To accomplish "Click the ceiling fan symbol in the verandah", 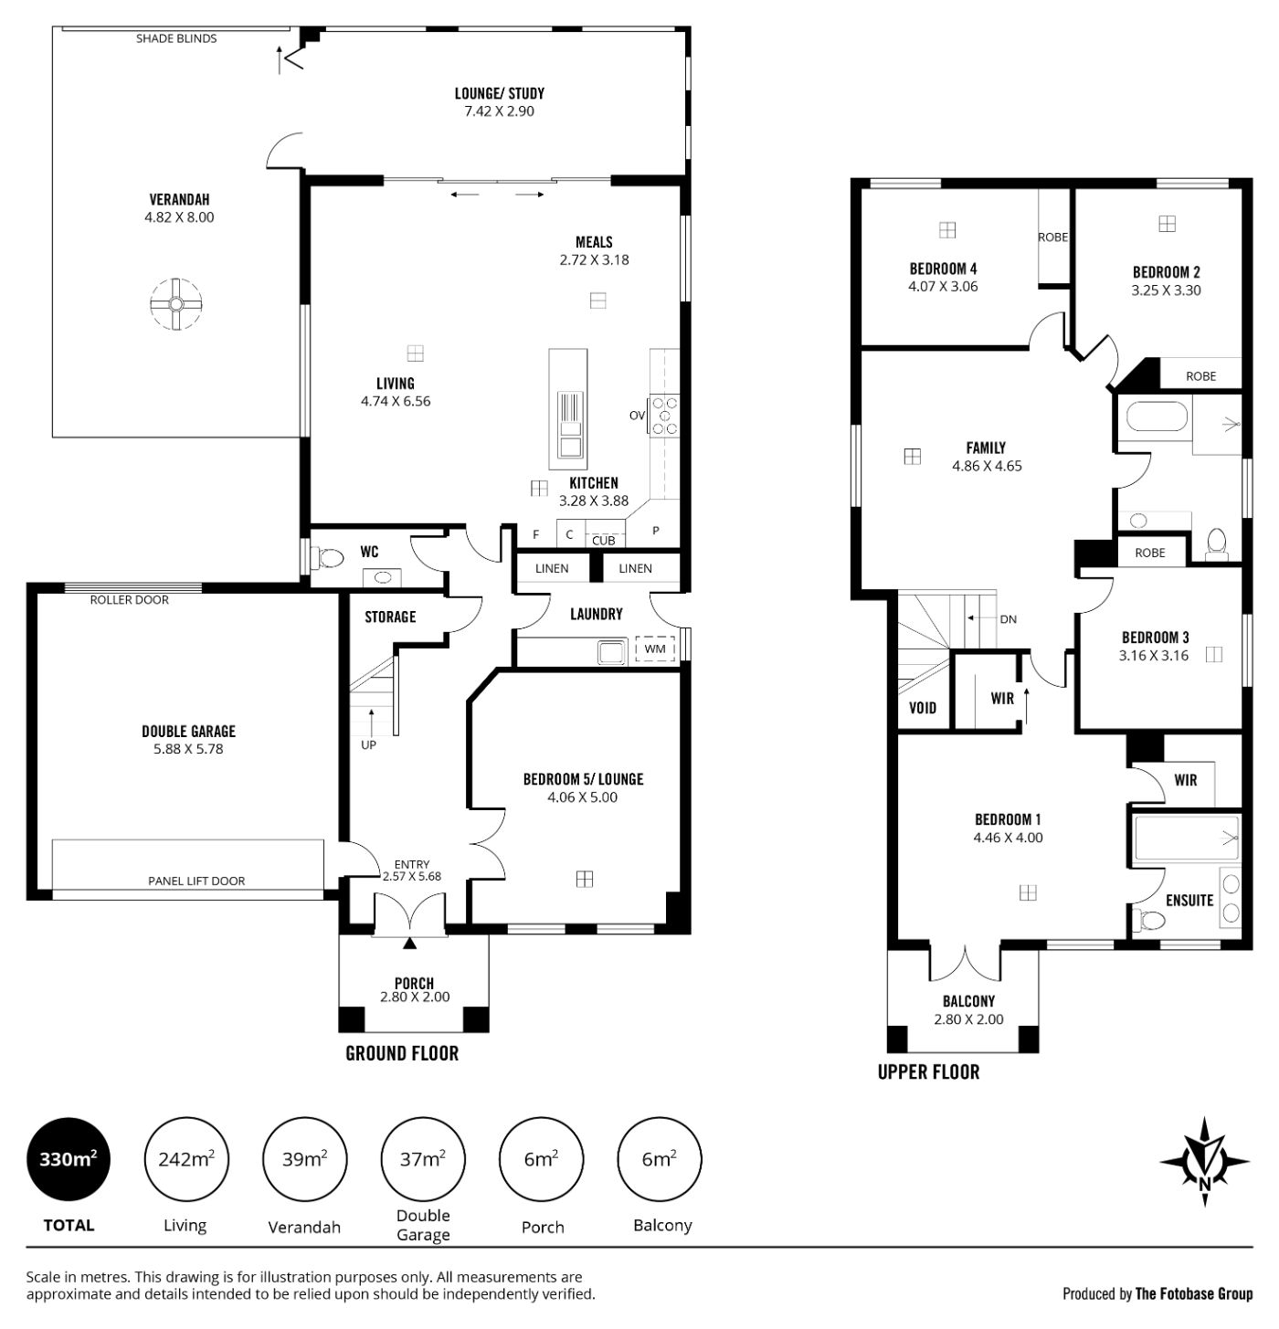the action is click(x=176, y=304).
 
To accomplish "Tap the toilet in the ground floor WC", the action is click(x=327, y=557).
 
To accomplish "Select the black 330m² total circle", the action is click(x=68, y=1159).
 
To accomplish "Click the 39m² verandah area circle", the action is click(x=304, y=1159).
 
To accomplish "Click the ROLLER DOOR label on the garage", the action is click(x=129, y=599).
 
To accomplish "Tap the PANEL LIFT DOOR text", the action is click(x=196, y=881).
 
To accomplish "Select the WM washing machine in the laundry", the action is click(x=654, y=649).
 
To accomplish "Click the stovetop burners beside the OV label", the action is click(x=663, y=416).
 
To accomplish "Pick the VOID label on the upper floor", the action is click(x=923, y=708).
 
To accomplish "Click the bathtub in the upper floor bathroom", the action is click(x=1157, y=416).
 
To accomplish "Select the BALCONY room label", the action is click(x=968, y=1001).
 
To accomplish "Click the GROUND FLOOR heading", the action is click(x=402, y=1053).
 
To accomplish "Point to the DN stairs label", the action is click(x=1008, y=619).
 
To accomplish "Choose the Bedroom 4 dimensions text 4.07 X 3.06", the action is click(x=943, y=287).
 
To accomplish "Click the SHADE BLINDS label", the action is click(x=176, y=38).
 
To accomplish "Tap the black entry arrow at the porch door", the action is click(x=409, y=944).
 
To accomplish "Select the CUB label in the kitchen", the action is click(x=603, y=540).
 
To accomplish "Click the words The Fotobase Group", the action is click(x=1194, y=1293).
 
